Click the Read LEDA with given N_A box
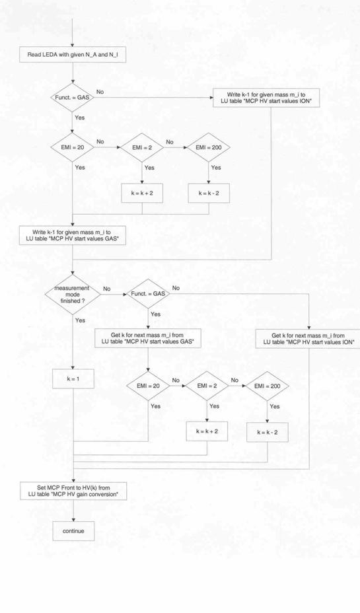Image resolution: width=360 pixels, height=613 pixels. point(73,55)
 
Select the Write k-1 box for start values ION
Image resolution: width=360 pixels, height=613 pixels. point(266,98)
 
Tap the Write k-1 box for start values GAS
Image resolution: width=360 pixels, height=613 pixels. point(73,236)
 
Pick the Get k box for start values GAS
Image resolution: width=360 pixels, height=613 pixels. point(148,338)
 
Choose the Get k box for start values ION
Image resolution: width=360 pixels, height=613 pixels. point(308,339)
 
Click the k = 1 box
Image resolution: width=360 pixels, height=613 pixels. point(73,379)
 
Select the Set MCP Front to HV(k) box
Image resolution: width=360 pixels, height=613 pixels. point(73,491)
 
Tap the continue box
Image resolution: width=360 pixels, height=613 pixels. point(73,531)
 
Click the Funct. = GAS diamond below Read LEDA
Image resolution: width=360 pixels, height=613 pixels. point(73,98)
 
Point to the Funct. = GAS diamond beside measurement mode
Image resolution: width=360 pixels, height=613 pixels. point(148,293)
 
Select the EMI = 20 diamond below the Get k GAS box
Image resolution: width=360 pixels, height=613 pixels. point(148,386)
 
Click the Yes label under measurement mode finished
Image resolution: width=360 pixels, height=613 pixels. point(80,320)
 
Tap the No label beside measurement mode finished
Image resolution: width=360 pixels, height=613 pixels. point(107,289)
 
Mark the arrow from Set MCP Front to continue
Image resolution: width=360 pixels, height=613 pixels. point(73,511)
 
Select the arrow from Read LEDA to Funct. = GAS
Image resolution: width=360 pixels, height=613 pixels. point(73,73)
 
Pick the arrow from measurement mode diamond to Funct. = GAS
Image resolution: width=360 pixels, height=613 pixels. point(114,294)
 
